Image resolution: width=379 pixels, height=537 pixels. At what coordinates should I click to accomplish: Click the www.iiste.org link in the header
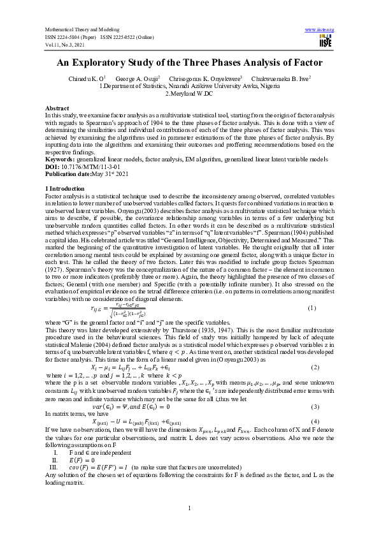pyautogui.click(x=320, y=29)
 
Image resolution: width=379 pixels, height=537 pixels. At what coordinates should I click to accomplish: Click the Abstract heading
pyautogui.click(x=57, y=109)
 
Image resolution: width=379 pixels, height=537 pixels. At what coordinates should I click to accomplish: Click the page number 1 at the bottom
pyautogui.click(x=189, y=508)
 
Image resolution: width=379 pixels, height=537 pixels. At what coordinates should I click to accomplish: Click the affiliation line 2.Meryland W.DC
pyautogui.click(x=190, y=92)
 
